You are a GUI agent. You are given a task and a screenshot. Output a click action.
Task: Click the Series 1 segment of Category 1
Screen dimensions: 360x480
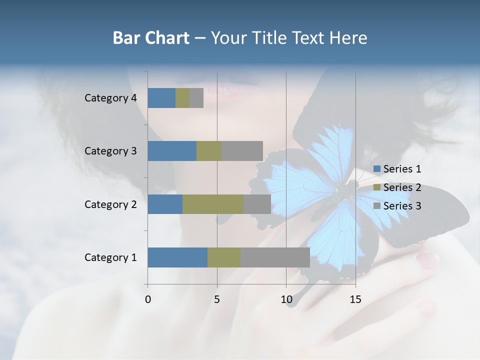pyautogui.click(x=177, y=257)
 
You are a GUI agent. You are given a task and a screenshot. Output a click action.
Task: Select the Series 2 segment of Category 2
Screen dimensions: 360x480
pyautogui.click(x=213, y=204)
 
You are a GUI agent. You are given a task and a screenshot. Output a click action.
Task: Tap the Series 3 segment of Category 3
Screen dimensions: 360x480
pyautogui.click(x=242, y=151)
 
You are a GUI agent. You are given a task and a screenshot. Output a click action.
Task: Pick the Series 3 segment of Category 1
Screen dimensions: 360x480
pyautogui.click(x=275, y=257)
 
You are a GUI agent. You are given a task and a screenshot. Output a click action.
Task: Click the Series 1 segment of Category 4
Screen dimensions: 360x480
pyautogui.click(x=161, y=98)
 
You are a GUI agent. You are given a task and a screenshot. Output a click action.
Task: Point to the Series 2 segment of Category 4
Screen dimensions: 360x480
pyautogui.click(x=182, y=98)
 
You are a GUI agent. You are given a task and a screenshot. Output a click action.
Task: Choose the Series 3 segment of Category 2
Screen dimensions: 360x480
pyautogui.click(x=257, y=204)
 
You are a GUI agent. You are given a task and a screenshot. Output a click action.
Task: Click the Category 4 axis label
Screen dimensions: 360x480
pyautogui.click(x=110, y=98)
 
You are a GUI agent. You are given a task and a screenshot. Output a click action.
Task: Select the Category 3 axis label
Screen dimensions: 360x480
pyautogui.click(x=110, y=151)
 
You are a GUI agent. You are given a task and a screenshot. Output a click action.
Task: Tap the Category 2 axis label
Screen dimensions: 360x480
pyautogui.click(x=110, y=204)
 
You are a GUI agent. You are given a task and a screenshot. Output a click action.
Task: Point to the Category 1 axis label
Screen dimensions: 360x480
pyautogui.click(x=110, y=257)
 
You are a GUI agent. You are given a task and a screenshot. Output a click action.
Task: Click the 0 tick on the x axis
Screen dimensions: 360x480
pyautogui.click(x=148, y=299)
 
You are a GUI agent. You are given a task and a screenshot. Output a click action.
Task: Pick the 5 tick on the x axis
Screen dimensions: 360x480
pyautogui.click(x=217, y=299)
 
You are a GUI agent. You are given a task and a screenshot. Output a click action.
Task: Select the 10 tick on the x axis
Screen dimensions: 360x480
pyautogui.click(x=286, y=299)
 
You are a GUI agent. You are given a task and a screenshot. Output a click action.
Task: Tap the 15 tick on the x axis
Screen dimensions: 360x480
pyautogui.click(x=355, y=299)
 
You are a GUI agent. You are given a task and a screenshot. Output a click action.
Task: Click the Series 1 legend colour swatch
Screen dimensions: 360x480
pyautogui.click(x=377, y=169)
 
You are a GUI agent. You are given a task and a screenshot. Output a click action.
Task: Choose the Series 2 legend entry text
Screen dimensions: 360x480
pyautogui.click(x=402, y=187)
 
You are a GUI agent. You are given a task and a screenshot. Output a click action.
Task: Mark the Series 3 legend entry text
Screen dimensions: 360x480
pyautogui.click(x=402, y=206)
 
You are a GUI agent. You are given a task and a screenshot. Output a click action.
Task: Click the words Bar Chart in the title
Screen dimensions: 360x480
pyautogui.click(x=151, y=38)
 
